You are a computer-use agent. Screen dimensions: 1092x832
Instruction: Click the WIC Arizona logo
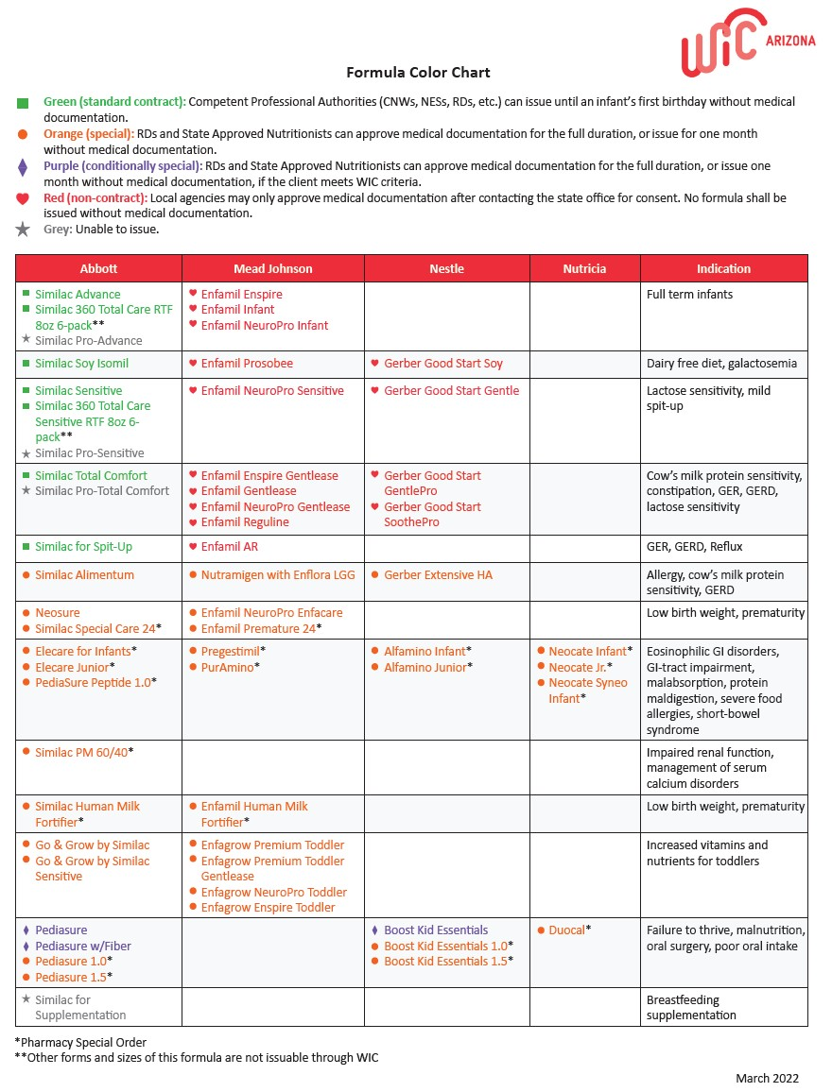pos(747,42)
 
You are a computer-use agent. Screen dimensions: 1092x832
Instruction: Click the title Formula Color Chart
pos(418,73)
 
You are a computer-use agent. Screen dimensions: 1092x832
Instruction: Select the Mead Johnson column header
pos(273,268)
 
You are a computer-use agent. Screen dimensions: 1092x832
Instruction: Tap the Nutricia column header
pos(584,268)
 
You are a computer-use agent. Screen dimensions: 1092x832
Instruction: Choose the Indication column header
pos(723,268)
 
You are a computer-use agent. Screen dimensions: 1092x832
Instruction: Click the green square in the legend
pos(24,102)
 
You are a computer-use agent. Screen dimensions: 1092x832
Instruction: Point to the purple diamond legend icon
pos(24,167)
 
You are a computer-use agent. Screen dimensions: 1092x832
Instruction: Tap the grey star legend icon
pos(24,230)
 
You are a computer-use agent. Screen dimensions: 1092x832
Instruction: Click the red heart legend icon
pos(24,198)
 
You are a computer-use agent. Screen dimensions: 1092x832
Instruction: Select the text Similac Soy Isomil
pos(81,364)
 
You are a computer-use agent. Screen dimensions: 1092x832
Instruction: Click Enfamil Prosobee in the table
pos(247,364)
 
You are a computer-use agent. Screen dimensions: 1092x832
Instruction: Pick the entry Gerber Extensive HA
pos(438,575)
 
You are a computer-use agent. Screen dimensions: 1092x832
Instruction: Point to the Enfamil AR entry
pos(229,547)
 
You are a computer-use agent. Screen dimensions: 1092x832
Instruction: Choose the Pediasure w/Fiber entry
pos(83,947)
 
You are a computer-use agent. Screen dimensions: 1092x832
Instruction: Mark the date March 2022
pos(767,1079)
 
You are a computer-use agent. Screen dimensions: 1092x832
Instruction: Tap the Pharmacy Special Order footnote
pos(80,1043)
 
